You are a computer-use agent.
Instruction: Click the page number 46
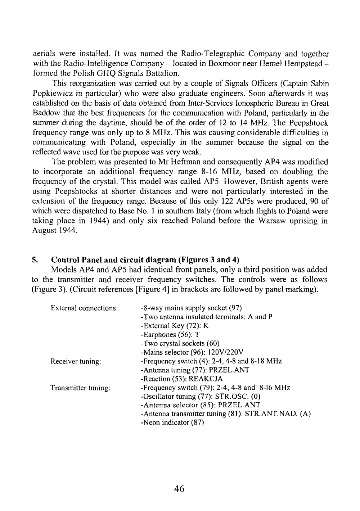(x=179, y=488)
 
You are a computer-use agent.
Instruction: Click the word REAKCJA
(x=206, y=379)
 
